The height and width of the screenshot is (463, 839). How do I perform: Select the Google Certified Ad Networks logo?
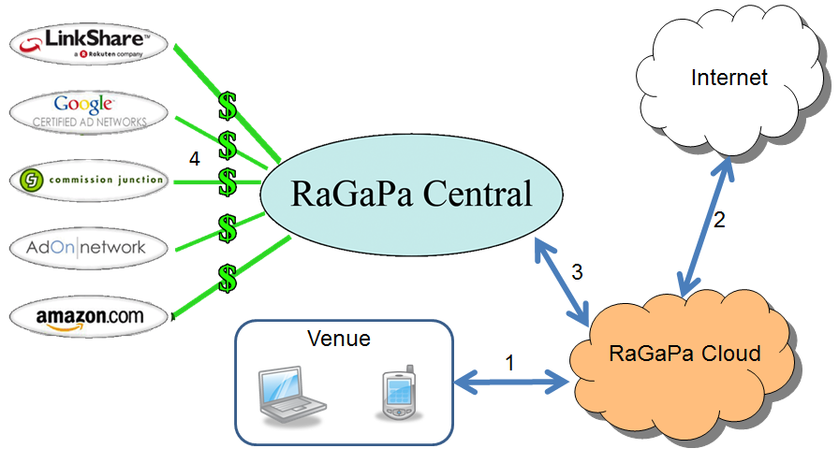point(90,111)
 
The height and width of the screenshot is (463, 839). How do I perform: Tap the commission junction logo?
point(90,180)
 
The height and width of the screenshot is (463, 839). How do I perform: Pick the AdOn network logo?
point(90,247)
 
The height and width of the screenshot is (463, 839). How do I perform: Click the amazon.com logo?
point(90,316)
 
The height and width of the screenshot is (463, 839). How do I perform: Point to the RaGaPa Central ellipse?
point(412,195)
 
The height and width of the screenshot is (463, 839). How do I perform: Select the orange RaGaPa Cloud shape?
point(684,355)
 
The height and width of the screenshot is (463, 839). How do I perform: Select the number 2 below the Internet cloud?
point(719,221)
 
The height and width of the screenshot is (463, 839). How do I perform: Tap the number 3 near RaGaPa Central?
point(577,272)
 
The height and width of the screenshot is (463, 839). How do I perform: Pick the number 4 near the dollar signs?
point(194,159)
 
